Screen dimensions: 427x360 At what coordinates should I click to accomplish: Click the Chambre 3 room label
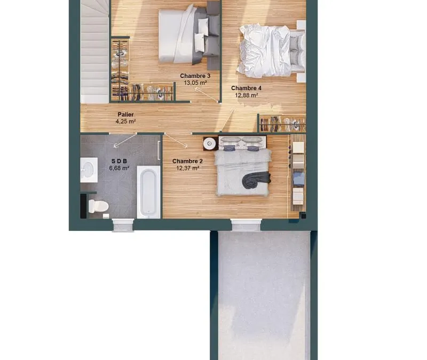[x=195, y=76]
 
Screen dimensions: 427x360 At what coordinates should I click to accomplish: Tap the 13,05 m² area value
[x=195, y=83]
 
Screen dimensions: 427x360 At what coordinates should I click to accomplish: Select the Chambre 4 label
[x=246, y=88]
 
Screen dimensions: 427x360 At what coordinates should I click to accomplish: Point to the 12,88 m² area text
[x=247, y=95]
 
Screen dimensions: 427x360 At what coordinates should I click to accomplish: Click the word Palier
[x=125, y=115]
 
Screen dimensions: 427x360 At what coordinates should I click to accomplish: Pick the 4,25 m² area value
[x=125, y=122]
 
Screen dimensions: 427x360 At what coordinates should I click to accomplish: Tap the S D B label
[x=119, y=161]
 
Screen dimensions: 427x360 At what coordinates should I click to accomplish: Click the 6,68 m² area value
[x=119, y=168]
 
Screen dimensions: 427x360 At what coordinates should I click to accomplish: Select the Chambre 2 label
[x=187, y=162]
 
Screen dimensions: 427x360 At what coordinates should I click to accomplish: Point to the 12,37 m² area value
[x=187, y=168]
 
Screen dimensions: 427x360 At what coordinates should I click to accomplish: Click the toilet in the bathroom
[x=98, y=206]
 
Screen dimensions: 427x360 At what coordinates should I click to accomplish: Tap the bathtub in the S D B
[x=149, y=192]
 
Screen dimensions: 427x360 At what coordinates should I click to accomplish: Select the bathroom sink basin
[x=89, y=170]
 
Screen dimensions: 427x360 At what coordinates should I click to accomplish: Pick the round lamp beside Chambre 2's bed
[x=210, y=143]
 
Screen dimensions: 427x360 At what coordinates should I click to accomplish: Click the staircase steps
[x=94, y=52]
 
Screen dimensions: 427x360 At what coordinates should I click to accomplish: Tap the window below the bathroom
[x=123, y=225]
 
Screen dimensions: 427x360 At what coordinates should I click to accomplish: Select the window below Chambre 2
[x=246, y=225]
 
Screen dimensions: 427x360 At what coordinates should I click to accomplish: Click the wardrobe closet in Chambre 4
[x=282, y=124]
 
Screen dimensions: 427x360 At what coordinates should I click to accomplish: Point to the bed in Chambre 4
[x=271, y=51]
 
